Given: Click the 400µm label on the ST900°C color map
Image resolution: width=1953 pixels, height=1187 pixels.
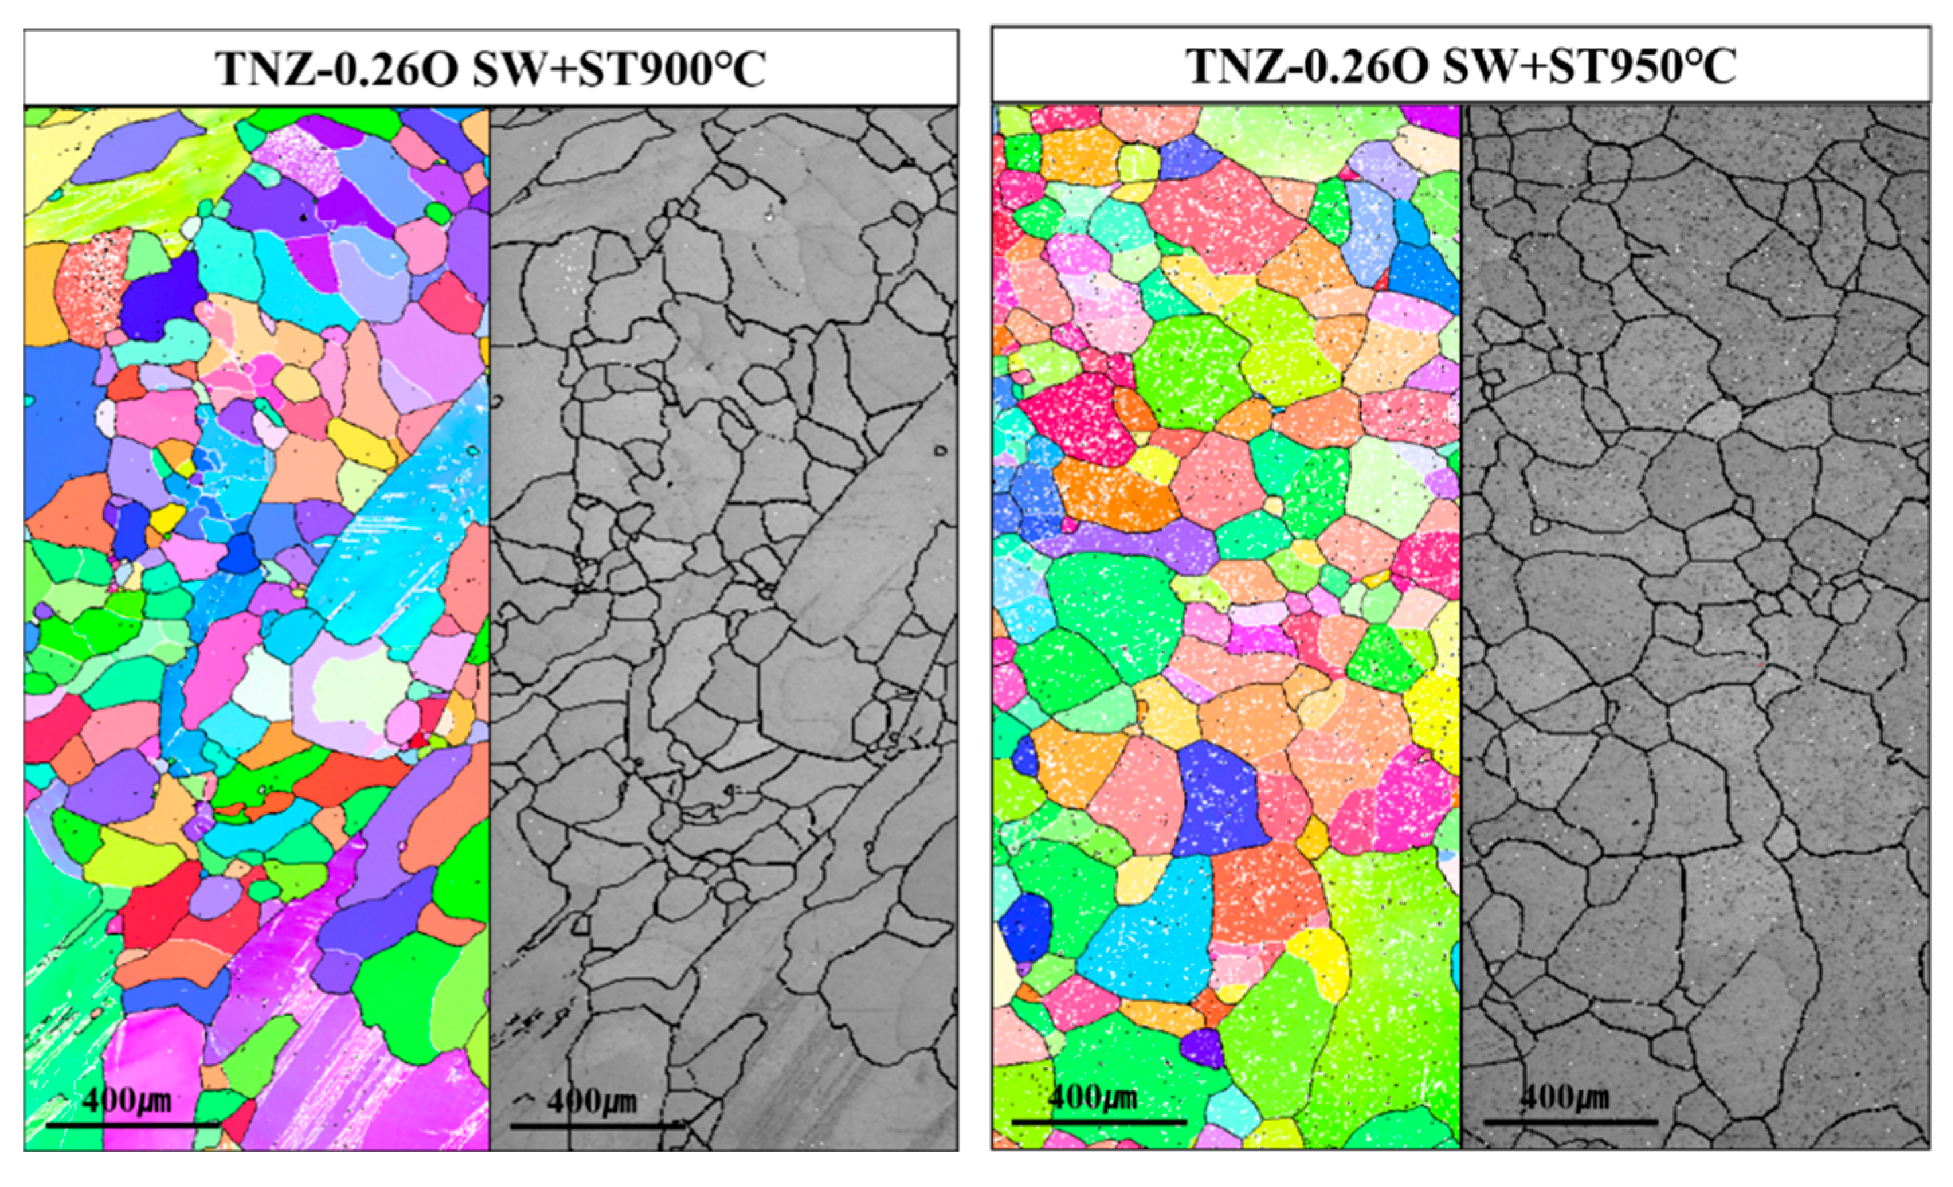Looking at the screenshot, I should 127,1100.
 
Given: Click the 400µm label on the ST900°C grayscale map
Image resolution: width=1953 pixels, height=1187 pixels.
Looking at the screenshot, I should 592,1100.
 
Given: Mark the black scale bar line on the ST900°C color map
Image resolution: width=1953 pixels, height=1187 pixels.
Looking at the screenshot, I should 132,1125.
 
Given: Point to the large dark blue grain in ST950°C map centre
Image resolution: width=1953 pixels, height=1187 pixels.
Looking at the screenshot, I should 1217,801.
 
